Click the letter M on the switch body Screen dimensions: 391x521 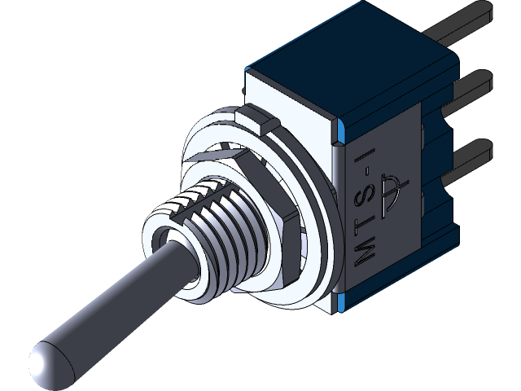(367, 249)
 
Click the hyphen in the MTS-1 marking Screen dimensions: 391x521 (369, 172)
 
